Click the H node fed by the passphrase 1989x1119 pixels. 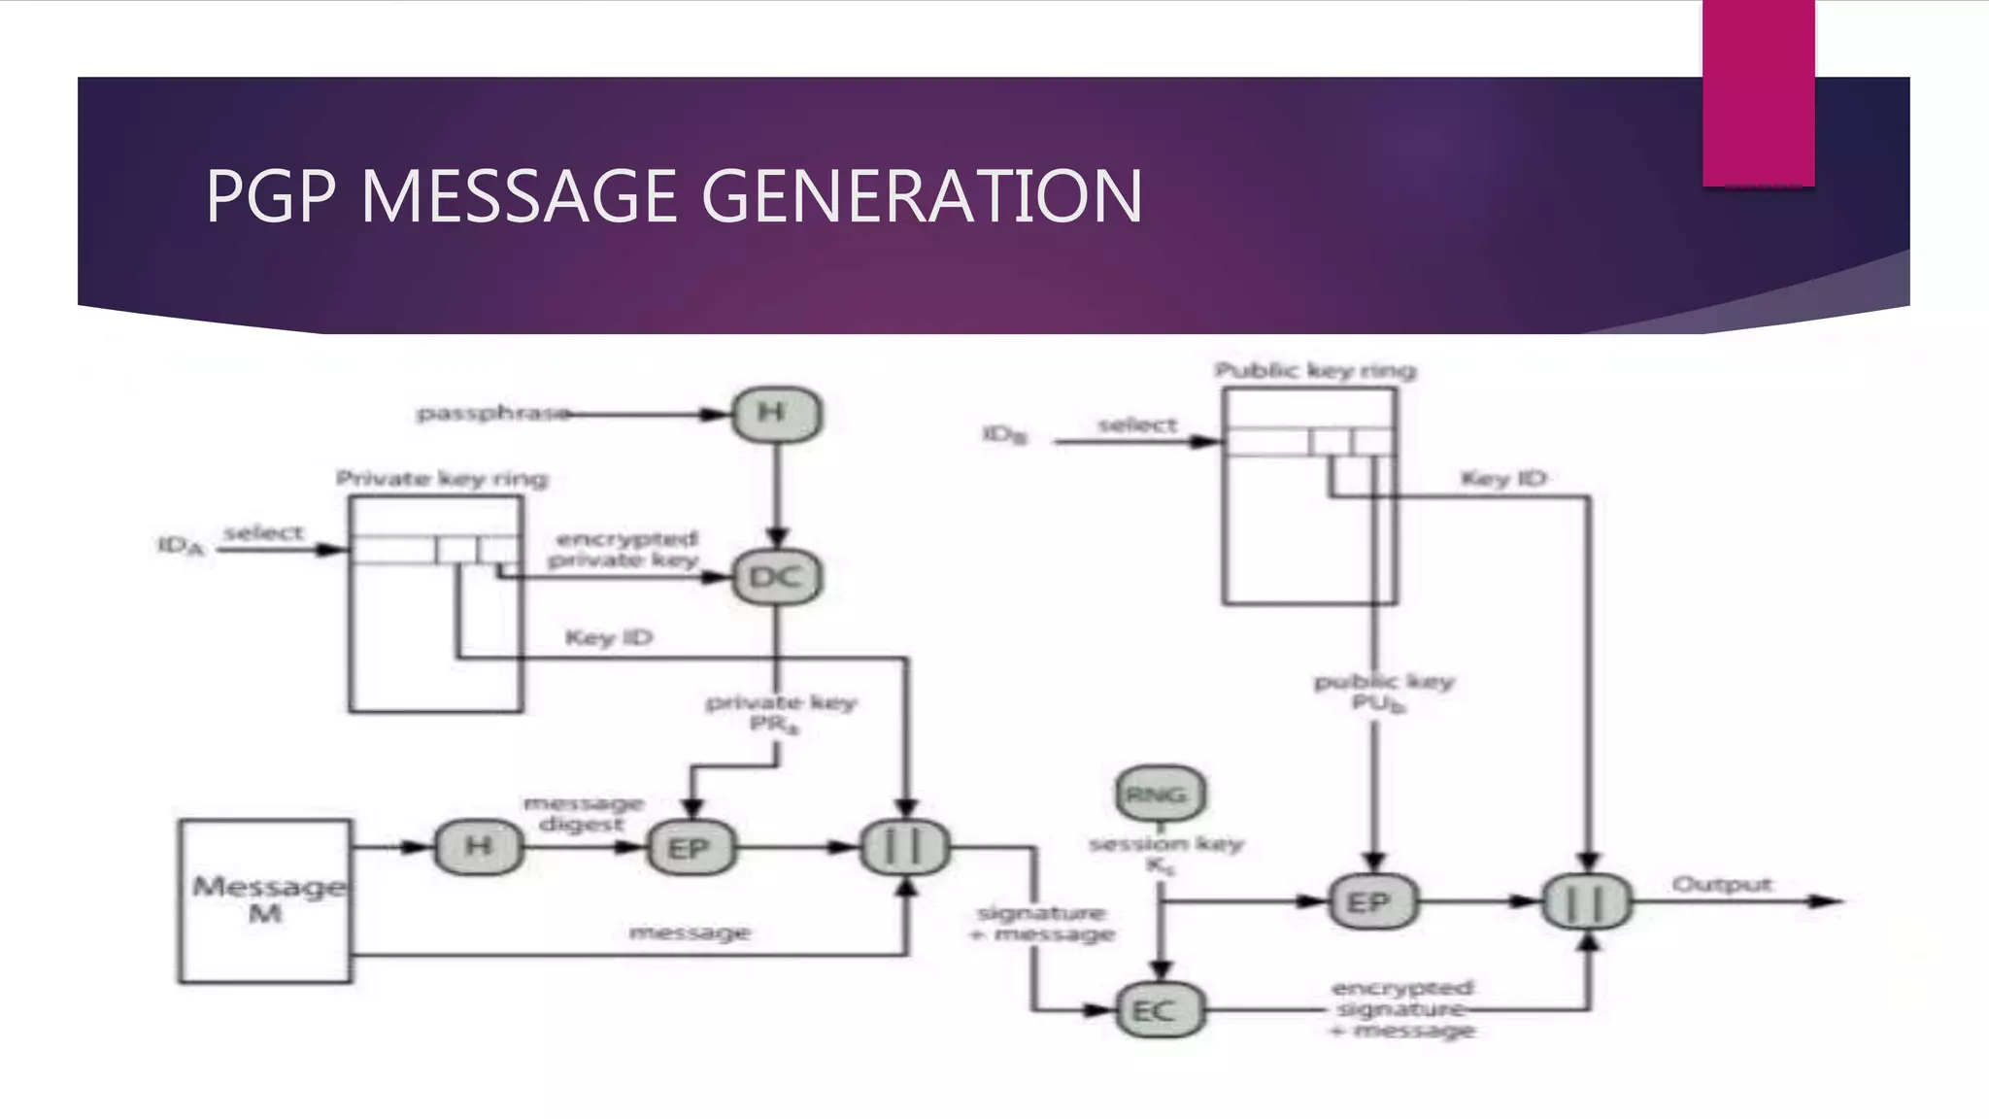click(776, 414)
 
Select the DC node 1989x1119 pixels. click(776, 578)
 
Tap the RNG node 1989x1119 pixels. click(1159, 795)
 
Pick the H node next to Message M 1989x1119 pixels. click(478, 847)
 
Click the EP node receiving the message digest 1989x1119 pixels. click(690, 849)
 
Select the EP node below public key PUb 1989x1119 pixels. click(1371, 902)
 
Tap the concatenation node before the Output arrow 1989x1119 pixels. click(1587, 902)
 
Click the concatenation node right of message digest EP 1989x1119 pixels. click(904, 848)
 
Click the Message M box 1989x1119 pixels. click(265, 900)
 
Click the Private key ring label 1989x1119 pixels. click(442, 479)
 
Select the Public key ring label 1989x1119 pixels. click(1315, 371)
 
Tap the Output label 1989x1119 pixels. click(1722, 884)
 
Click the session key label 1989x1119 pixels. click(1165, 844)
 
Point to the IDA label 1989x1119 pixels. click(182, 546)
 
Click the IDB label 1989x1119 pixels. click(1004, 434)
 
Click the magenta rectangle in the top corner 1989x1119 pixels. click(1758, 93)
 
